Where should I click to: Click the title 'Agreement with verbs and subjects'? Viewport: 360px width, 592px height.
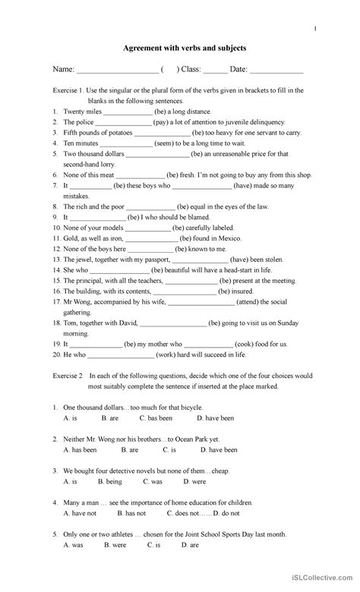[185, 48]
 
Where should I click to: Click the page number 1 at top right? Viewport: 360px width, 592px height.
[316, 28]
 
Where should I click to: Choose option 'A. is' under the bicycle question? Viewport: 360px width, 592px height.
[70, 417]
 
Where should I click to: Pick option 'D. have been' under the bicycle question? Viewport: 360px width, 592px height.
[215, 417]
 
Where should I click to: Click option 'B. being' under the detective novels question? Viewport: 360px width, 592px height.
[112, 481]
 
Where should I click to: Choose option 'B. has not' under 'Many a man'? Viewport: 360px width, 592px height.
[115, 513]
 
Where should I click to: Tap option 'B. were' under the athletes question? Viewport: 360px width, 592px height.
[115, 544]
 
